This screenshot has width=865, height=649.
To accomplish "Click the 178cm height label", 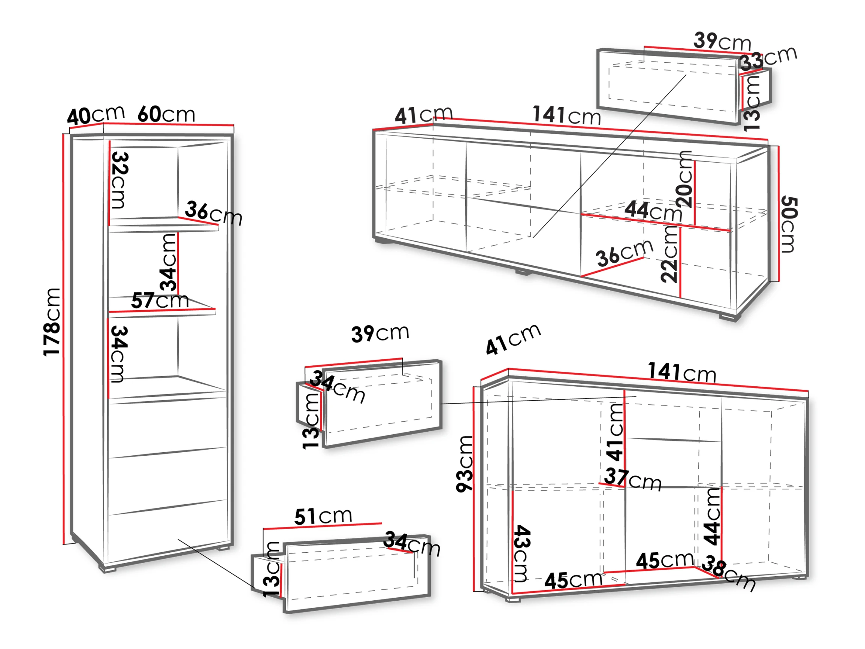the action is coord(52,322).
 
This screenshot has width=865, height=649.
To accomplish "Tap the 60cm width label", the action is coord(166,114).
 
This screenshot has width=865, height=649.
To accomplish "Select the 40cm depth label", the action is coord(96,115).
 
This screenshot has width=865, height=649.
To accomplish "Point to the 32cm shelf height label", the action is coord(120,180).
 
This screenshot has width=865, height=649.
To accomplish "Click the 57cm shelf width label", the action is coord(160,301).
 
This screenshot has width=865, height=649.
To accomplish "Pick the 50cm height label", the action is coord(789,225).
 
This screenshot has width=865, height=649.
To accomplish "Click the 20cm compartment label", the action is coord(684,179).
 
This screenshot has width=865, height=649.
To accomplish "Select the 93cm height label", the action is coord(465,464).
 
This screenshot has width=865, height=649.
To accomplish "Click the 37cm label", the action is coord(633,480).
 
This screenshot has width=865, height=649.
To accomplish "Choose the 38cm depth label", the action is coord(728,573).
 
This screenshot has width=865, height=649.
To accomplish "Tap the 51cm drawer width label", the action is coord(323,516).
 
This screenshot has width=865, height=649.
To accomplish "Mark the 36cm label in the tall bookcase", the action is coord(214,213).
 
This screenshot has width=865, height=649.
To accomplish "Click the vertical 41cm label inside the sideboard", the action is coord(615,432).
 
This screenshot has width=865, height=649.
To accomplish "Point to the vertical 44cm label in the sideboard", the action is coord(713,517).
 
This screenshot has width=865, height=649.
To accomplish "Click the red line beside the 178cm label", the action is coord(63,339).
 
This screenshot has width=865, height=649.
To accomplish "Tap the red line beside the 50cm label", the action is coord(778,214).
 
